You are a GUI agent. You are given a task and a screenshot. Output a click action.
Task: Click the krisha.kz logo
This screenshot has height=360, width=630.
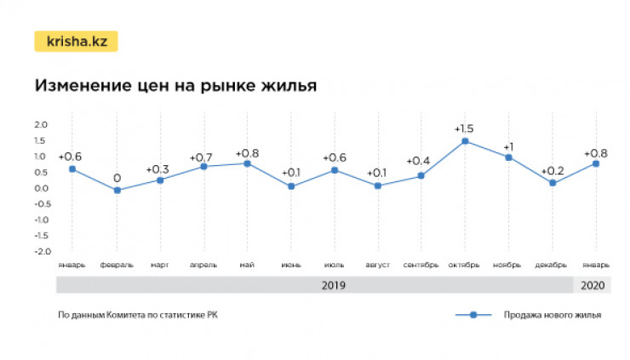[x=76, y=42]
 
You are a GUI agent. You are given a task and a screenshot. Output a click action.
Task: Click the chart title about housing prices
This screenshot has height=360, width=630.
[x=175, y=86]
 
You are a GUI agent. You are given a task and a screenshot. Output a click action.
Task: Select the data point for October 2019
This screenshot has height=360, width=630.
[x=465, y=141]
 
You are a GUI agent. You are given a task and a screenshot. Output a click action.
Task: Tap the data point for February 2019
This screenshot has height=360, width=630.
[x=117, y=190]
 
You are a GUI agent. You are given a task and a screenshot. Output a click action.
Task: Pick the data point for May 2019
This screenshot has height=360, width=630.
[x=247, y=163]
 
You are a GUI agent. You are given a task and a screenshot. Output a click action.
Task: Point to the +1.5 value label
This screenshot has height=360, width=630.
[x=464, y=129]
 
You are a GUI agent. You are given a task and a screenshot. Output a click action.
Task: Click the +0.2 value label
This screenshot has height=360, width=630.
[x=553, y=171]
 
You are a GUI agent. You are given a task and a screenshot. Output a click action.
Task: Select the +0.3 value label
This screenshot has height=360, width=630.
[x=159, y=169]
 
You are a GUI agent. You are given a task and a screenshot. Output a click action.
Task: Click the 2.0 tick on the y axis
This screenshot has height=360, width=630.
[x=40, y=124]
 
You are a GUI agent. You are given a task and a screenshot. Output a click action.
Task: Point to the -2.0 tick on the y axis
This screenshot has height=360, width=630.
[x=40, y=252]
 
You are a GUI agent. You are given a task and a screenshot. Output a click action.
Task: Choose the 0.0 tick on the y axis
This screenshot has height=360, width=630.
[x=40, y=188]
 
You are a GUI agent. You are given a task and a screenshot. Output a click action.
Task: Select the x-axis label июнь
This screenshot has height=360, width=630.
[x=290, y=265]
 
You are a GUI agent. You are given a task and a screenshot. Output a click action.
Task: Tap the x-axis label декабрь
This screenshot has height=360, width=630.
[x=552, y=265]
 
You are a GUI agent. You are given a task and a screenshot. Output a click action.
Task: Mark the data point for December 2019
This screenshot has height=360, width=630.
[x=553, y=183]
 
